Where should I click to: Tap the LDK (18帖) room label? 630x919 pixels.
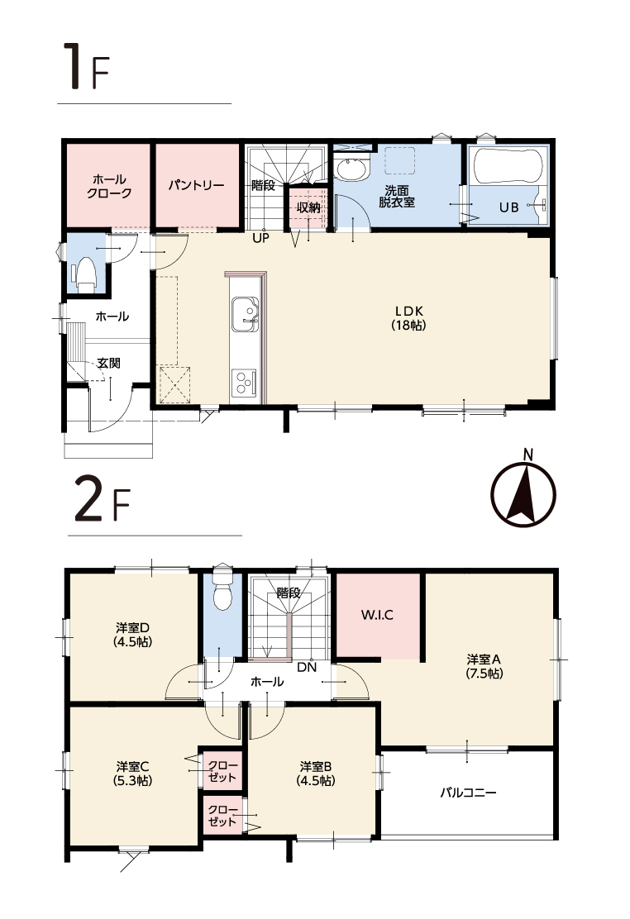pos(409,317)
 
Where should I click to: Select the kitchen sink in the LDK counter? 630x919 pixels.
pos(245,313)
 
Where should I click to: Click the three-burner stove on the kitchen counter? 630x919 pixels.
pos(243,384)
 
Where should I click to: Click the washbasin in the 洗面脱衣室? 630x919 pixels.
pos(352,169)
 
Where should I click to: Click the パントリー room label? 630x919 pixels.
pos(197,186)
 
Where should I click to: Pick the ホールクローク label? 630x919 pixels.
pos(109,187)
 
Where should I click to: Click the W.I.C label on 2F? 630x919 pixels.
pos(377,616)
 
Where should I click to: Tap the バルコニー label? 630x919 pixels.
pos(468,793)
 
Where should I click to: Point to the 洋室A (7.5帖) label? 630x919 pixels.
pos(484,666)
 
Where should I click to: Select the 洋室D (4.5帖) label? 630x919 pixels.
pos(132,635)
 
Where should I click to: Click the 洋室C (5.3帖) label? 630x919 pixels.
pos(132,774)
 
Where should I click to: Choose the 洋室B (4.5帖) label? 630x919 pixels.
pos(316,774)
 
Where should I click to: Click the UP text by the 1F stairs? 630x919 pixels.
pos(261,239)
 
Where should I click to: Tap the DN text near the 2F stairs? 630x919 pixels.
pos(306,667)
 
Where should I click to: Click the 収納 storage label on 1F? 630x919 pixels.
pos(308,207)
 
